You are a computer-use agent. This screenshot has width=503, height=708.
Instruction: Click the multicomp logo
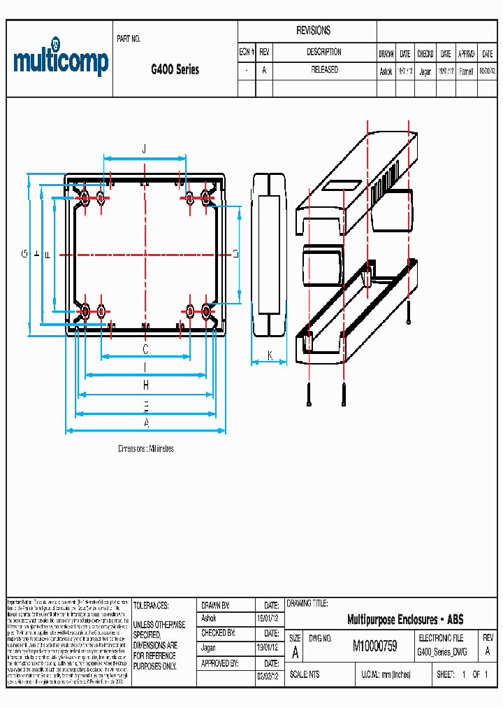click(x=61, y=62)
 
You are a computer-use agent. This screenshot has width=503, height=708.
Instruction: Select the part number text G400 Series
click(x=175, y=69)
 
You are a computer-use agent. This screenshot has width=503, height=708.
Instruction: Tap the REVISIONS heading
click(x=314, y=31)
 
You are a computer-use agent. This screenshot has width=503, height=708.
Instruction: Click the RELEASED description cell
click(x=324, y=70)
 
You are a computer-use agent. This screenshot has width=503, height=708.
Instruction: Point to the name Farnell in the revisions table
click(x=466, y=71)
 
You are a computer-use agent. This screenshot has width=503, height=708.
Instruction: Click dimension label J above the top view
click(x=144, y=148)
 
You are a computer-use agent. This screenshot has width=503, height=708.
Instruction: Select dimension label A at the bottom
click(x=146, y=423)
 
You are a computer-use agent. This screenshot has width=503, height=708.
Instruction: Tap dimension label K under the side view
click(x=270, y=355)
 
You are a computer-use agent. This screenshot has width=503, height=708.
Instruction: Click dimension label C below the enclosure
click(x=145, y=348)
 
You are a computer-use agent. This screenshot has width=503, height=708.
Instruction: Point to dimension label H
click(x=146, y=385)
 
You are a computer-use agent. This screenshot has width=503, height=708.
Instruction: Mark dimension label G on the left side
click(x=23, y=254)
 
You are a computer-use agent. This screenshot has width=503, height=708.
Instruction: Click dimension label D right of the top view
click(x=235, y=254)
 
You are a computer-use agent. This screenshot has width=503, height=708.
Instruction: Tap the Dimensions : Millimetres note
click(x=146, y=448)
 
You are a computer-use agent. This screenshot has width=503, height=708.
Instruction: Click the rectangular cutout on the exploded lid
click(x=342, y=187)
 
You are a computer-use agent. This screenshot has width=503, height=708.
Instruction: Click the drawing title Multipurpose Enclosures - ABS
click(x=405, y=620)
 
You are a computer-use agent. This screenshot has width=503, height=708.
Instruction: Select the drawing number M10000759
click(x=374, y=646)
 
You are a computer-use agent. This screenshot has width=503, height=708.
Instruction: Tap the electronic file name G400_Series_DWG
click(x=442, y=651)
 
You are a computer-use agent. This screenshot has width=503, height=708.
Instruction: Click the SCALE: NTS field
click(x=304, y=674)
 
